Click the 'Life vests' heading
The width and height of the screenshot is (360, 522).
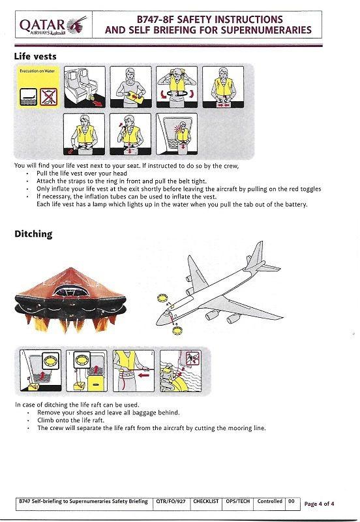[38, 56]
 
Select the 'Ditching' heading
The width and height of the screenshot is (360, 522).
[34, 233]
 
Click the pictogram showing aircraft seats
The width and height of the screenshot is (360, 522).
[83, 87]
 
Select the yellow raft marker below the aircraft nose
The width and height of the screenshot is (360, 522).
[175, 330]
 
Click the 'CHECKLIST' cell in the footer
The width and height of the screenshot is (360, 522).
[205, 502]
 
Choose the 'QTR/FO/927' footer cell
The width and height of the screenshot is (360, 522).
[170, 502]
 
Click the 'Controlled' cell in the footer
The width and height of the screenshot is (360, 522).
[269, 502]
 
